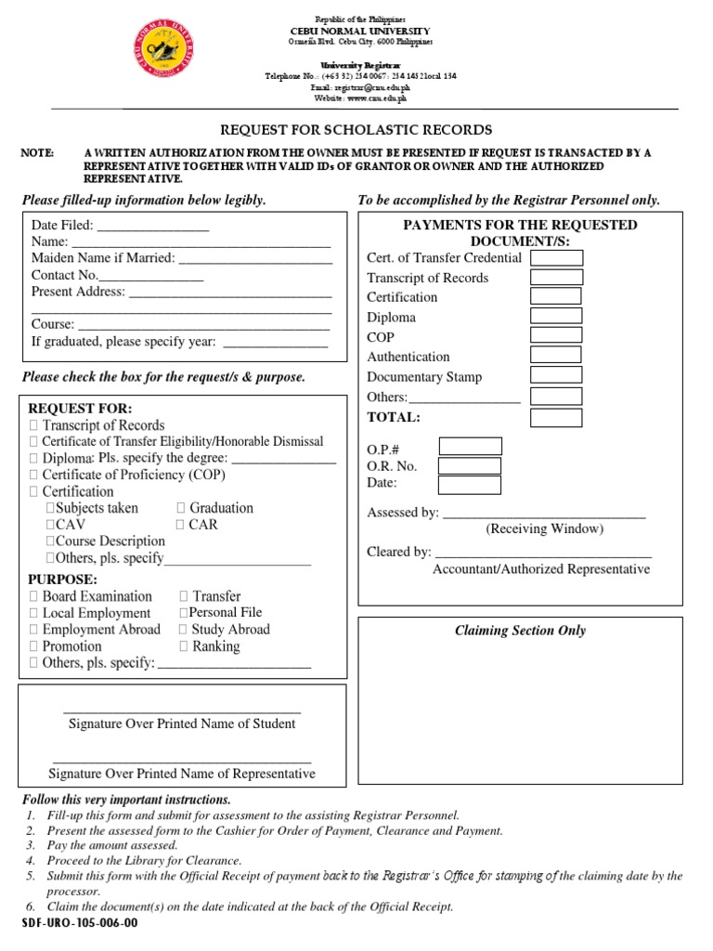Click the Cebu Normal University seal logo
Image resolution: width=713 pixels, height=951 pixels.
point(165,57)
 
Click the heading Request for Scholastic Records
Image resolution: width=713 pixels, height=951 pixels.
point(356,130)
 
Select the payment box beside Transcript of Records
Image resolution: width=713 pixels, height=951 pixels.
point(556,277)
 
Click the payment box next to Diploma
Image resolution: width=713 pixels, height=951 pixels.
point(556,316)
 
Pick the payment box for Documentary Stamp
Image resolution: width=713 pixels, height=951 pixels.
point(556,375)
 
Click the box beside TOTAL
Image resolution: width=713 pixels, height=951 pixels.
point(556,417)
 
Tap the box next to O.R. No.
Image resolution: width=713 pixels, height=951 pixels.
point(469,465)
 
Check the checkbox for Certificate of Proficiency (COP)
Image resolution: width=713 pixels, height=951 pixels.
point(34,475)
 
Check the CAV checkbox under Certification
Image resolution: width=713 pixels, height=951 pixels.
point(51,525)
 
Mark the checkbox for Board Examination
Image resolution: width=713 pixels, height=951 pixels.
point(34,596)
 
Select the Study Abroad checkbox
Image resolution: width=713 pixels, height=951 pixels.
point(184,630)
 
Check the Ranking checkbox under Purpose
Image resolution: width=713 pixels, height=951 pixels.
point(184,646)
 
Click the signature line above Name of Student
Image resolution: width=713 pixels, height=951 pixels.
point(182,711)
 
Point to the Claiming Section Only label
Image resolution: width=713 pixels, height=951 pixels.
point(520,631)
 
